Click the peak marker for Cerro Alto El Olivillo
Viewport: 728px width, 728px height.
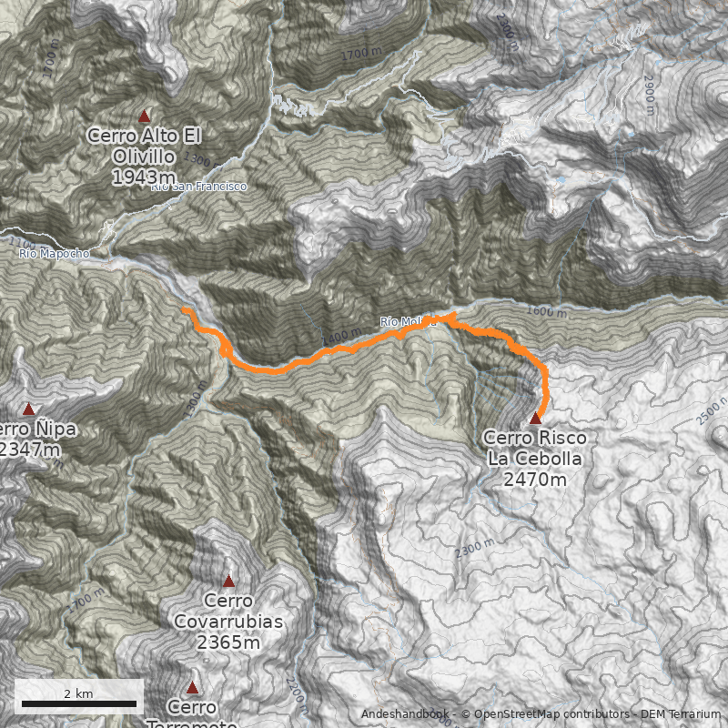[x=144, y=116]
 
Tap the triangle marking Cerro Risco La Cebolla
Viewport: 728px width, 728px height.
[x=535, y=418]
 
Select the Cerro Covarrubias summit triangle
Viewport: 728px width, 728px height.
[x=228, y=581]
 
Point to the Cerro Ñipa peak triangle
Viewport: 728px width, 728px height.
[x=28, y=409]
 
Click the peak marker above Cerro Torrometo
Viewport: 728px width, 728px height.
[x=192, y=688]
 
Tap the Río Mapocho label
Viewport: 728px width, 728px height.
[x=55, y=254]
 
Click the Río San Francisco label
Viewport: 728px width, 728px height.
[x=198, y=187]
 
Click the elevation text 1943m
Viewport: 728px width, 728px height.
[x=144, y=177]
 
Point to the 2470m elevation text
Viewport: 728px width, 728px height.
[x=535, y=480]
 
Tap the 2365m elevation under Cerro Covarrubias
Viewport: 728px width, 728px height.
[x=228, y=643]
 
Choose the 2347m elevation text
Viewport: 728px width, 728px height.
[x=29, y=450]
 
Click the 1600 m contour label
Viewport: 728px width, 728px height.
[x=545, y=313]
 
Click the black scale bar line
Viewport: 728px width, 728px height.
[x=79, y=703]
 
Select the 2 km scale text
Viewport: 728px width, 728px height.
[x=79, y=693]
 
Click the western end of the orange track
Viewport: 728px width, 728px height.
[x=185, y=310]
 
